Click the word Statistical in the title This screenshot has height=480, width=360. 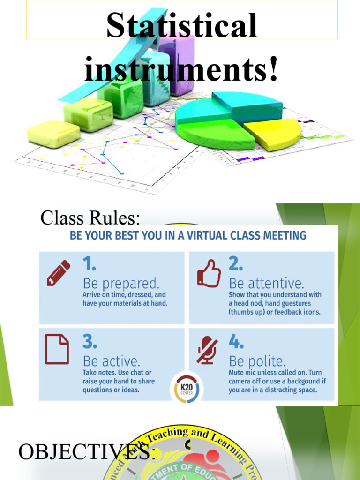click(181, 26)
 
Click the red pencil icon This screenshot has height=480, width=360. click(58, 273)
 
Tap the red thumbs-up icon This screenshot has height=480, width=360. click(209, 273)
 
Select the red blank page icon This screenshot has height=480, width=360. click(57, 350)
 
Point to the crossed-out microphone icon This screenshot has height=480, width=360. click(207, 350)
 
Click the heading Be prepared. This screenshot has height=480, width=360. click(121, 284)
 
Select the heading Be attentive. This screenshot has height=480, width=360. click(266, 284)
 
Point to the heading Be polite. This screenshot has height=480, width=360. click(257, 361)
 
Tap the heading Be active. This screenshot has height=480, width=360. click(111, 361)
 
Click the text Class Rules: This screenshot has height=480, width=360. click(90, 217)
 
